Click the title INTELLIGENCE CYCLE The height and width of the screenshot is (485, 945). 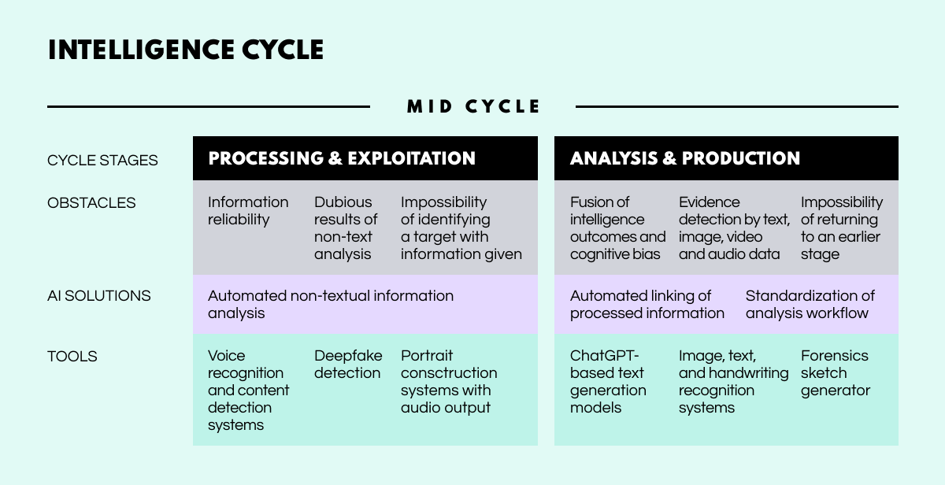click(185, 50)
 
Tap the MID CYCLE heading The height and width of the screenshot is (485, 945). click(473, 106)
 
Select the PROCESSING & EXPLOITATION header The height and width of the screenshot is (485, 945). click(342, 158)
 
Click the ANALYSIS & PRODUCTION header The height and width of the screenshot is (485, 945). click(684, 158)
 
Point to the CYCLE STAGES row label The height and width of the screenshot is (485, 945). click(102, 161)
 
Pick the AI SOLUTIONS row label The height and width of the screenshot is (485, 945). click(98, 296)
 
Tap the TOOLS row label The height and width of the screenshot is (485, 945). click(72, 357)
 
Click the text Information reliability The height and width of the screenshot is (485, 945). click(248, 211)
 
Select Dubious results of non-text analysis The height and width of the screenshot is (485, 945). click(346, 228)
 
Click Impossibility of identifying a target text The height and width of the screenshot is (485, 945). click(461, 228)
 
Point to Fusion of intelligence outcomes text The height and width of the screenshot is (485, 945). click(617, 228)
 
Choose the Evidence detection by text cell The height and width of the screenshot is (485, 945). click(733, 228)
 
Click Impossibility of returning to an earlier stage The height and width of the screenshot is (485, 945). click(841, 228)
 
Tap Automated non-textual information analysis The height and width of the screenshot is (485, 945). click(330, 305)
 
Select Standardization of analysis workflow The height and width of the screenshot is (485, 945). click(810, 305)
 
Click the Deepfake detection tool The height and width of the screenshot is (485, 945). click(347, 365)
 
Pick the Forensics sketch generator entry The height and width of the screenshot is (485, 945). click(835, 373)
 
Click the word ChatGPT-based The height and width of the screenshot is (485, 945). click(606, 364)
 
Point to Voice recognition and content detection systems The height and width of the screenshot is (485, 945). click(248, 391)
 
